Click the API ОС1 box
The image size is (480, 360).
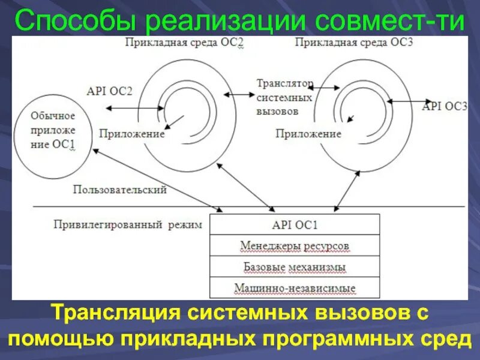coord(295,225)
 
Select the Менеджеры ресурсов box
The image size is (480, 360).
coord(295,246)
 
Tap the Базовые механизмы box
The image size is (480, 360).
coord(295,267)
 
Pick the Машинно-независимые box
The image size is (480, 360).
coord(295,288)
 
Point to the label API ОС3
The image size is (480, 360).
coord(445,106)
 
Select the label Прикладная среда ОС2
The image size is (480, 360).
coord(184,44)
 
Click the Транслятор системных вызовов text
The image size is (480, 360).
coord(284,97)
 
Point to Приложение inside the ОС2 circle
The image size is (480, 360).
coord(132,134)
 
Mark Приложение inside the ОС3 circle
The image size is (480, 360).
coord(308,134)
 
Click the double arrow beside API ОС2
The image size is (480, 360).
coord(133,108)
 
